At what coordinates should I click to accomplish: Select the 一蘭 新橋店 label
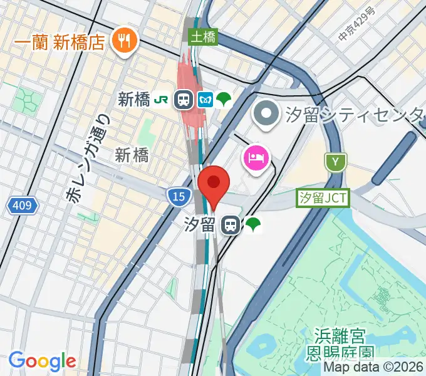point(59,42)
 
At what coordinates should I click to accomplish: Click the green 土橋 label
point(204,38)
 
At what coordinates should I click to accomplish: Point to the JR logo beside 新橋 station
point(162,99)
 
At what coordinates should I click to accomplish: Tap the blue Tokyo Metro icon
point(205,99)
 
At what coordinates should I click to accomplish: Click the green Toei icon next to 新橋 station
point(224,99)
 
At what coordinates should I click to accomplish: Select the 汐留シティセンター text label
point(355,115)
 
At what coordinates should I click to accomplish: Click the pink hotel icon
point(257,157)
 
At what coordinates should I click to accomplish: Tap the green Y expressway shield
point(336,162)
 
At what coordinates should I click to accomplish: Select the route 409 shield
point(24,205)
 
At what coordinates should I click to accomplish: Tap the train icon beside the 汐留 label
point(231,225)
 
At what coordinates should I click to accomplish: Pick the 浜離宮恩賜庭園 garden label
point(340,345)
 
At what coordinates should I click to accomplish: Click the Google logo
point(42,361)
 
